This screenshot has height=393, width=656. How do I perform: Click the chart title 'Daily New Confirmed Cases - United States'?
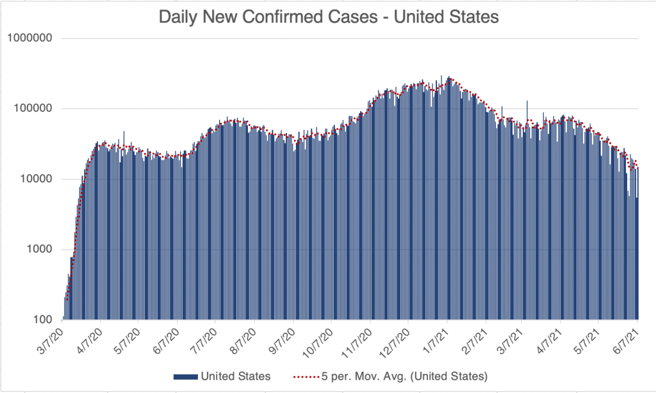pos(328,17)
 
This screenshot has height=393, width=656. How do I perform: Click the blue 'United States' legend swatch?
pos(186,376)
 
